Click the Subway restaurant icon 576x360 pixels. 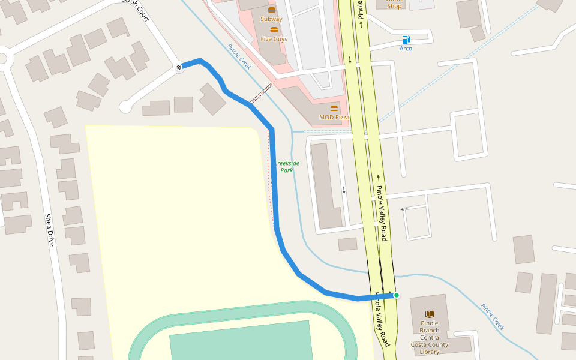272,10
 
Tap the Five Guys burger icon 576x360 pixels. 274,29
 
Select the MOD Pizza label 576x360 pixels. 334,118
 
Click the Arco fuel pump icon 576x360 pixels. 406,40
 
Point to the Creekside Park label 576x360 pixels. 287,166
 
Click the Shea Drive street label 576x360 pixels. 49,230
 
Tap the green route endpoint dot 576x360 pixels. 396,295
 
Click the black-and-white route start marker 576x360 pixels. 179,67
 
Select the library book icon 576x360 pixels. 430,314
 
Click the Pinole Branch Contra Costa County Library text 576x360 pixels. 430,337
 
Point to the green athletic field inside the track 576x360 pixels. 240,342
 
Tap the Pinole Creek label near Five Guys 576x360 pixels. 239,57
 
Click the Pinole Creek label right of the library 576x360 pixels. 492,316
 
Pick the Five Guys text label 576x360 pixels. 274,39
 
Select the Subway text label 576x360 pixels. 271,19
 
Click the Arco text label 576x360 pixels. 406,49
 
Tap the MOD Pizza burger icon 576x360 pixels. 334,109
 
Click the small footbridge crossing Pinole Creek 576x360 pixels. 261,94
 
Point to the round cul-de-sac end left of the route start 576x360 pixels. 125,107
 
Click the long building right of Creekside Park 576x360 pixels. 326,186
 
